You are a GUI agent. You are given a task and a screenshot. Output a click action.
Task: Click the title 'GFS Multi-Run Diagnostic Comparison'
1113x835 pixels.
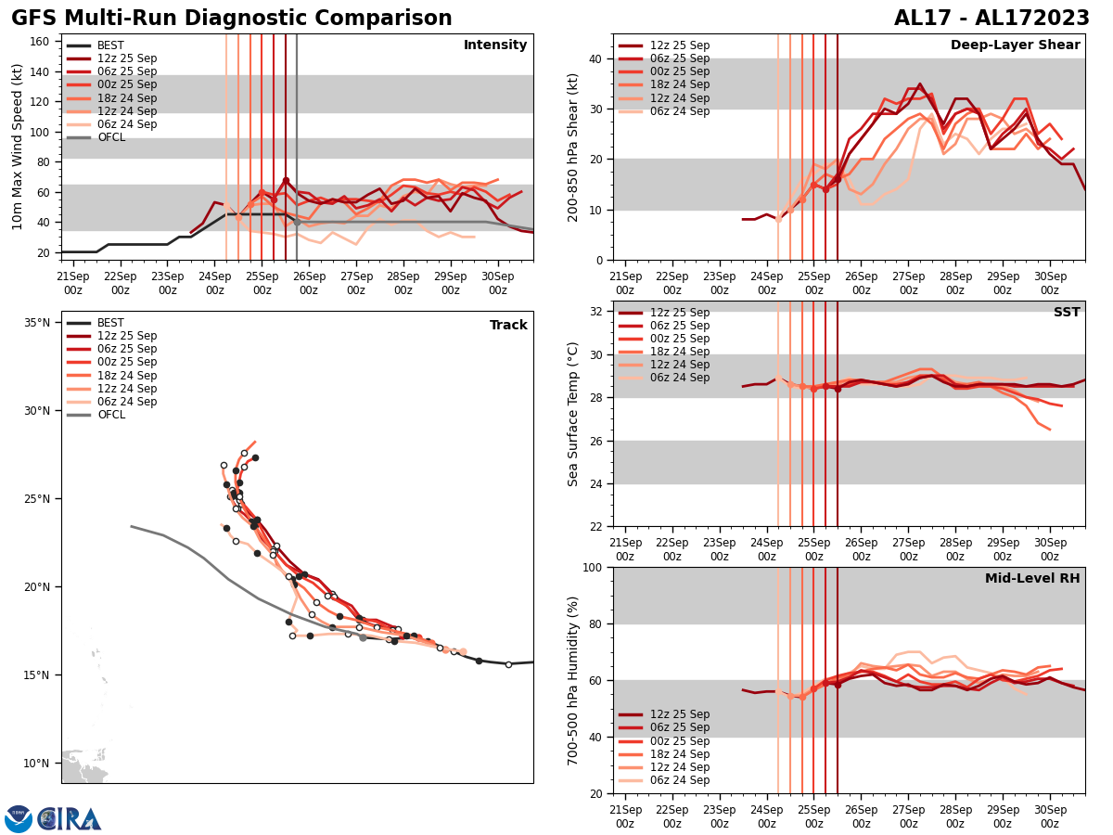click(231, 19)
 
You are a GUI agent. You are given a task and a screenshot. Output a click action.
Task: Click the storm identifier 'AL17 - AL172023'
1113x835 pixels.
click(991, 19)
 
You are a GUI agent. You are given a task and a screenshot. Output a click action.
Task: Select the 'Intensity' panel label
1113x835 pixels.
click(495, 45)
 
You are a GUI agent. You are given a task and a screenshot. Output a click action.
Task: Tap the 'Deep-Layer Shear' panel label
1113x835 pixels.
click(1015, 45)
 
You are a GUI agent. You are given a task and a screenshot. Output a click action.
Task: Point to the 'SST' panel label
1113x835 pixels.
click(1067, 313)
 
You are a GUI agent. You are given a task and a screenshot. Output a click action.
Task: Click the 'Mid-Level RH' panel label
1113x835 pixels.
click(1032, 579)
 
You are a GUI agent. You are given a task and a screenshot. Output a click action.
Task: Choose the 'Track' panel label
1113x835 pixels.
click(508, 326)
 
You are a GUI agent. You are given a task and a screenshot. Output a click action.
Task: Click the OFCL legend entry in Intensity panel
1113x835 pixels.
click(110, 137)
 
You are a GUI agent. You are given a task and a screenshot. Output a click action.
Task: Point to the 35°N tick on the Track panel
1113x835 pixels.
click(37, 323)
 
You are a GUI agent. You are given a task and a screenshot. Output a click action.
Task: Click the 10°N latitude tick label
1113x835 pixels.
click(37, 764)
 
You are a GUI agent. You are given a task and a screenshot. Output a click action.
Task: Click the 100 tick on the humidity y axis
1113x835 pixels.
click(594, 567)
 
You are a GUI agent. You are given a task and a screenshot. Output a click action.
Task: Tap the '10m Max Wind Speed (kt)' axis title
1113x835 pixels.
click(18, 147)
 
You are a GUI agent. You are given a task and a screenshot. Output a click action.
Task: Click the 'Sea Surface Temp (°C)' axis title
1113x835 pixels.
click(573, 414)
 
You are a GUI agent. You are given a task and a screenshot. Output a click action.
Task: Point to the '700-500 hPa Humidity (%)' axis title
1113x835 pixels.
click(573, 680)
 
